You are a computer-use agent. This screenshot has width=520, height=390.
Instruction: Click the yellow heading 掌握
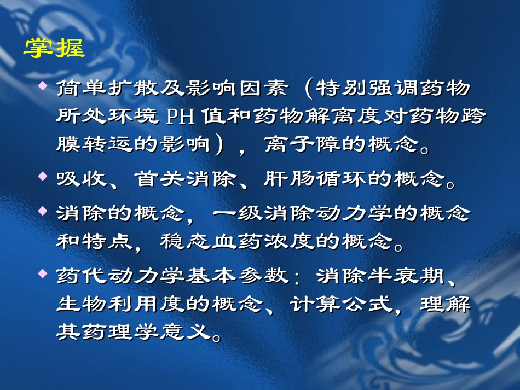[x=54, y=49]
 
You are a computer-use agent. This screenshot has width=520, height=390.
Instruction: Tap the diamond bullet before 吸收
[x=43, y=177]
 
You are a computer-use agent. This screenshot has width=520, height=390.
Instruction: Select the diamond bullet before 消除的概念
[x=43, y=211]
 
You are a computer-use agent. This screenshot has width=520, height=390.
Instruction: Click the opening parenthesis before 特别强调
[x=310, y=89]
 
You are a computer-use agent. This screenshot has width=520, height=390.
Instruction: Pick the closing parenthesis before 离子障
[x=219, y=145]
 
